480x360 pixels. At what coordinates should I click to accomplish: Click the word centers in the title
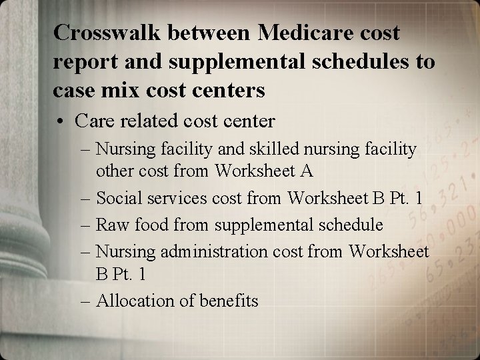pos(228,89)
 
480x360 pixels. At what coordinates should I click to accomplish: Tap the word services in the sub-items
pos(171,197)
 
